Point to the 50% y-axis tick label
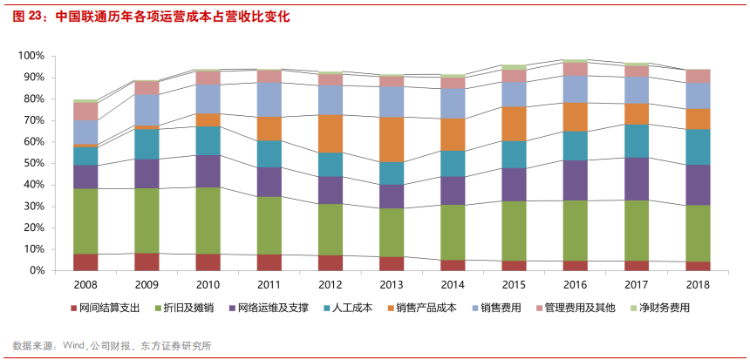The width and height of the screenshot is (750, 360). [x=32, y=163]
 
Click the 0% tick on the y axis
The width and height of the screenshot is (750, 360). [x=36, y=271]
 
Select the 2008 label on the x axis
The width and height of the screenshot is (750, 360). [x=85, y=285]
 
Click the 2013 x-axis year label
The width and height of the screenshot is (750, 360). [x=392, y=285]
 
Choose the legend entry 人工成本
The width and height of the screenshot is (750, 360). [x=353, y=309]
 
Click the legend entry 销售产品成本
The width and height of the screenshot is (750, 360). [x=426, y=309]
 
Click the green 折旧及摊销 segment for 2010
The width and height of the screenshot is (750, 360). [x=208, y=221]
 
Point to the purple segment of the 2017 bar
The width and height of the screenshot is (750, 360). [x=637, y=179]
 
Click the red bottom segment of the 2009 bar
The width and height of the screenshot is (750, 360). [x=146, y=262]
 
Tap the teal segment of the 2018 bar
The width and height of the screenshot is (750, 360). [x=699, y=147]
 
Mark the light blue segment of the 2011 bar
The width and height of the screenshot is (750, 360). [x=269, y=99]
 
